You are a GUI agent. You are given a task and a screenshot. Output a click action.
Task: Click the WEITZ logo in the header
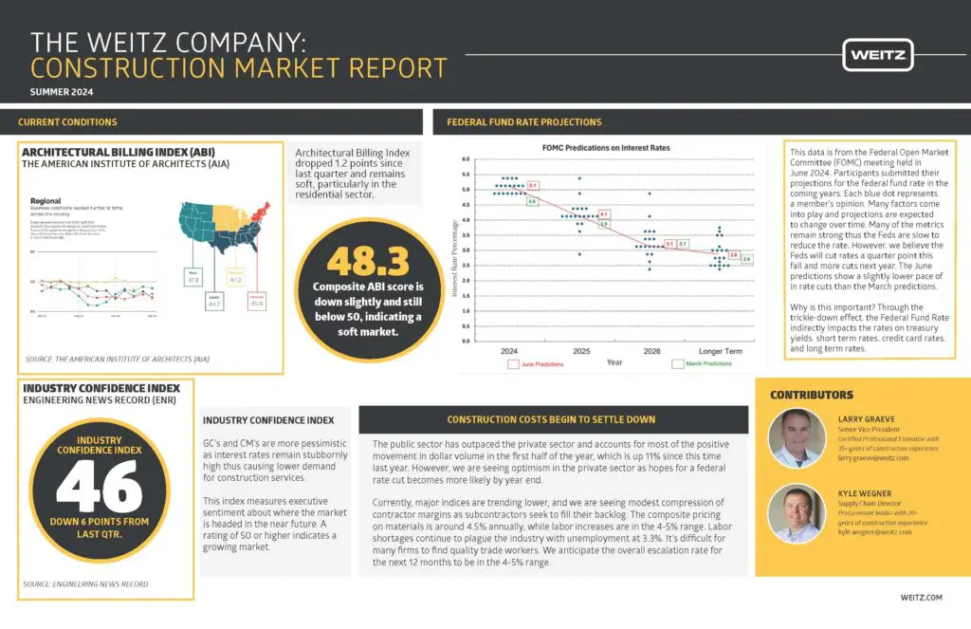pyautogui.click(x=877, y=54)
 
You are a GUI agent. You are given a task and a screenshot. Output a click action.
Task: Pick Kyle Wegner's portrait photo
pyautogui.click(x=797, y=512)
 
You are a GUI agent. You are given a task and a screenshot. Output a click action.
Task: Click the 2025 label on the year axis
pyautogui.click(x=579, y=351)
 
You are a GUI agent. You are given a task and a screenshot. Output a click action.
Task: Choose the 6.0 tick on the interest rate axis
pyautogui.click(x=465, y=159)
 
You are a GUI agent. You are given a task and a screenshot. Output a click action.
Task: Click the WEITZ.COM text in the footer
pyautogui.click(x=921, y=598)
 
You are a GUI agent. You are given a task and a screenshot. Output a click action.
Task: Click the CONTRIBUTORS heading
pyautogui.click(x=811, y=395)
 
